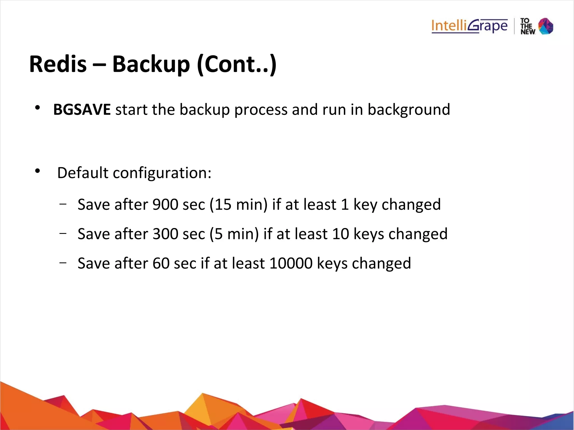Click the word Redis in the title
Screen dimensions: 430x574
click(58, 64)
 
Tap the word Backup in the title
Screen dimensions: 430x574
click(151, 64)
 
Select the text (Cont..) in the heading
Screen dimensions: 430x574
click(237, 64)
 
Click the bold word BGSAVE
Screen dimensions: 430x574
click(82, 109)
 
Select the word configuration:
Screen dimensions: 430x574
click(162, 173)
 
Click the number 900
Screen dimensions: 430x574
click(165, 204)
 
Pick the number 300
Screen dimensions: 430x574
click(165, 234)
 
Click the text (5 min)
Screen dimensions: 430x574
click(234, 234)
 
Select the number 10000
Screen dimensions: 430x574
click(291, 263)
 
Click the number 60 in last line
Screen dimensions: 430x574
click(161, 263)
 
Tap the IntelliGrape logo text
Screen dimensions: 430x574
click(469, 26)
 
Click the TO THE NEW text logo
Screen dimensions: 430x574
click(527, 26)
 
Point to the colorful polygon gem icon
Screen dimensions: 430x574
click(546, 26)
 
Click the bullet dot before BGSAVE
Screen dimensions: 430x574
click(38, 108)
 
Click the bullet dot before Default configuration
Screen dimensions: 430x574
click(38, 171)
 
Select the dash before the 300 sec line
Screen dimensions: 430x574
click(63, 233)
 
